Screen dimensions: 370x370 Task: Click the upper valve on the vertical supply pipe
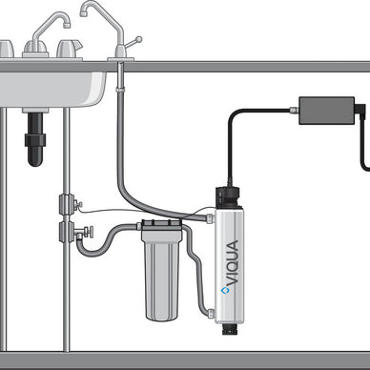coord(67,203)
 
